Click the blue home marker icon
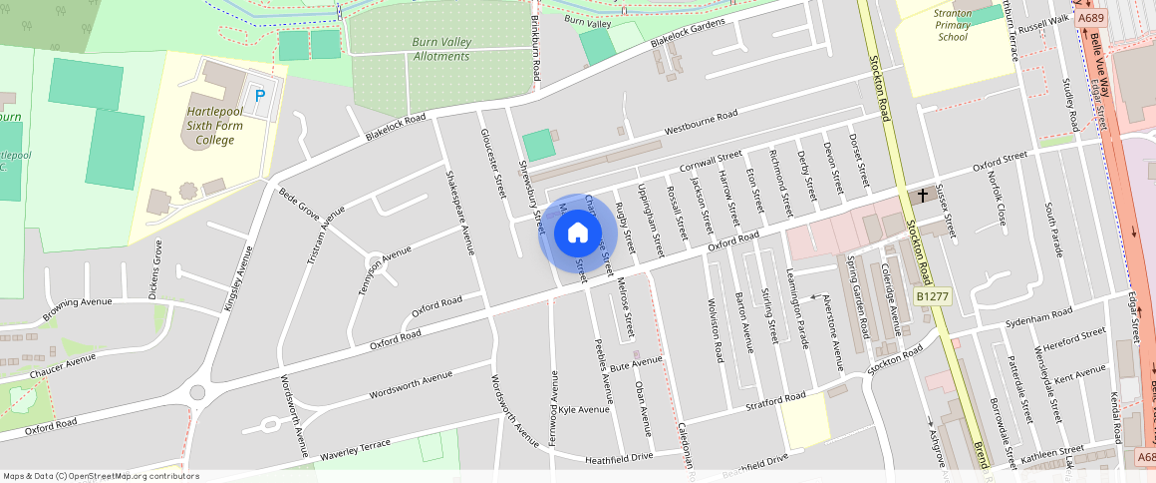coord(578,234)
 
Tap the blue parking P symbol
coord(260,95)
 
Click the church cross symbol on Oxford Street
coord(923,196)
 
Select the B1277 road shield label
coord(933,296)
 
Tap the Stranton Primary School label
coord(952,25)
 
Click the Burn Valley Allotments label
coord(440,49)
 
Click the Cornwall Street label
coord(711,161)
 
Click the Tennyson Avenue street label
coord(385,270)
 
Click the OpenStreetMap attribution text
coord(101,476)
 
